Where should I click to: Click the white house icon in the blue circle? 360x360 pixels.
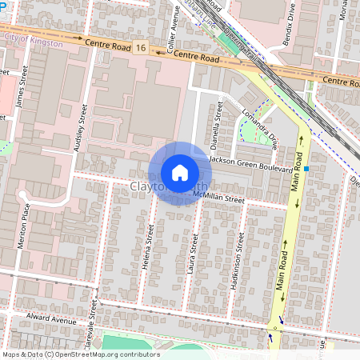(x=180, y=172)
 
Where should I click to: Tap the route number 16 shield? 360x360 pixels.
(x=141, y=49)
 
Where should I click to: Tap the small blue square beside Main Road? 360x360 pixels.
(x=306, y=169)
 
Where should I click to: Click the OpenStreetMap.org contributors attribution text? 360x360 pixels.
(x=109, y=354)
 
